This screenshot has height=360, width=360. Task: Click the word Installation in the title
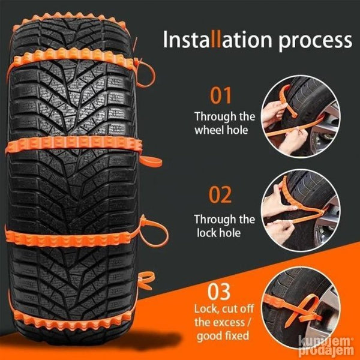point(218,40)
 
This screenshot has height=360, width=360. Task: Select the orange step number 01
point(221,95)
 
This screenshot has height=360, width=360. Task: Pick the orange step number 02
point(220,194)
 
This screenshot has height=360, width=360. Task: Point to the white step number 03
point(219,292)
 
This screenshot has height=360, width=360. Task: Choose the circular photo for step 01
point(301,116)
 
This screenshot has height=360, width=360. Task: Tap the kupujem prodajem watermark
point(326,346)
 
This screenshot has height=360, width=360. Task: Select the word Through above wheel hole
point(215,117)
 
